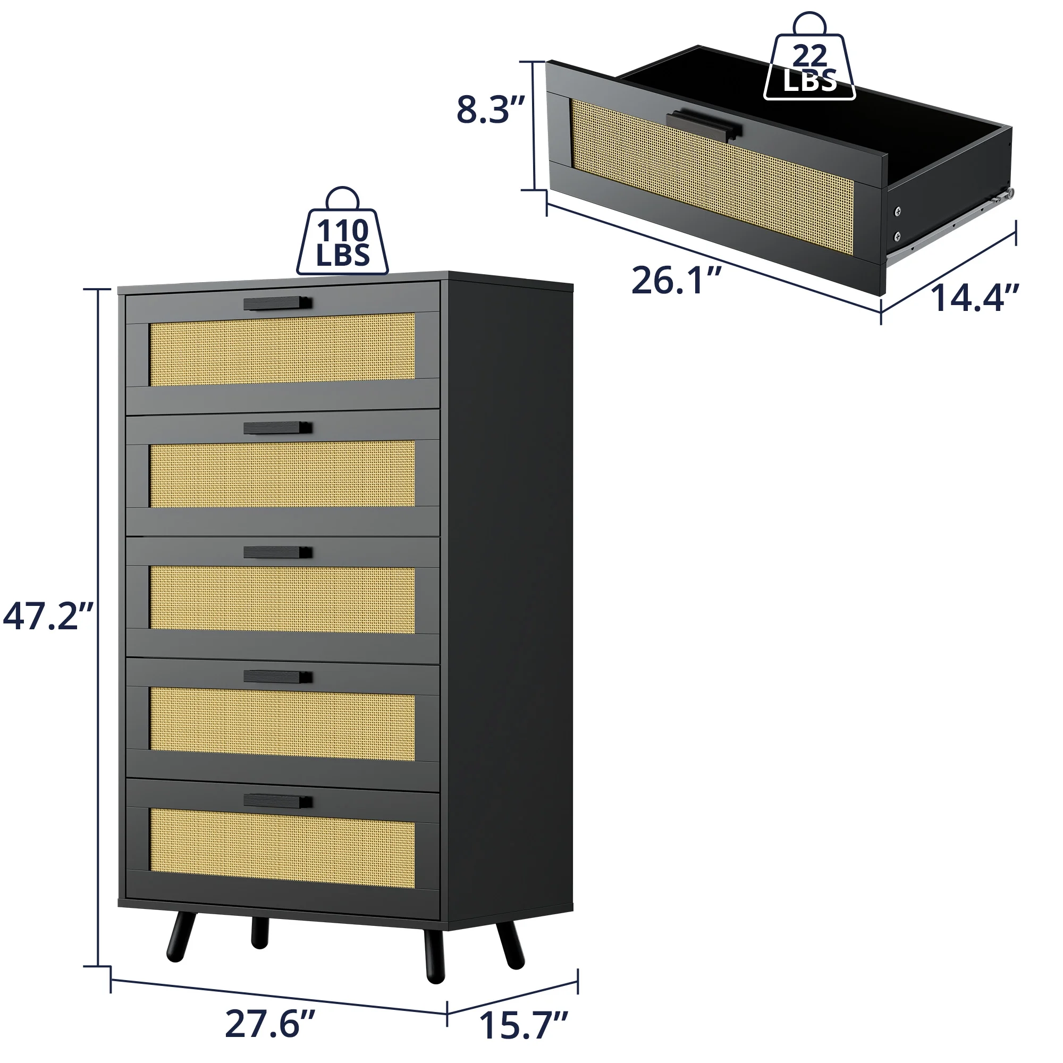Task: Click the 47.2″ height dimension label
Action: (48, 617)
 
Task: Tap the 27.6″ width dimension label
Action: (269, 1023)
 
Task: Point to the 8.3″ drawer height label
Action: (491, 109)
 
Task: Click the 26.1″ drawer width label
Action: (676, 280)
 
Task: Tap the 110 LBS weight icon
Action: (342, 231)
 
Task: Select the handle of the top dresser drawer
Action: (278, 303)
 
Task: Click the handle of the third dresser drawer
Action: (278, 552)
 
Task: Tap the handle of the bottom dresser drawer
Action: (278, 801)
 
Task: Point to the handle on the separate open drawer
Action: (704, 125)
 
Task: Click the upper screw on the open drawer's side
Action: (897, 210)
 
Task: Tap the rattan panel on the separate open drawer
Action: (712, 176)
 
